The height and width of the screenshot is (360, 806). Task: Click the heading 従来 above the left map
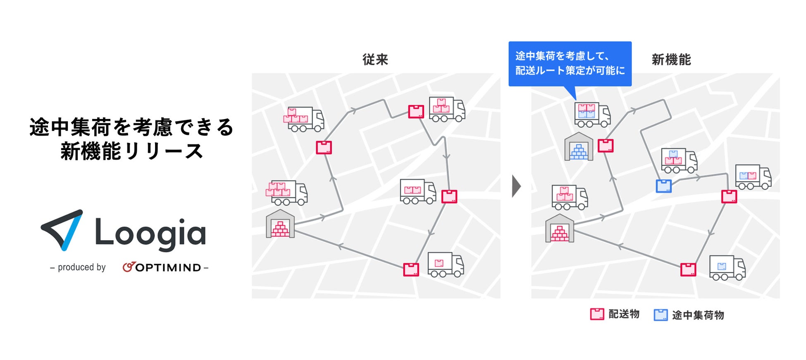click(x=375, y=60)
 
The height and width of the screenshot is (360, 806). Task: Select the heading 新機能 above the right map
click(x=671, y=60)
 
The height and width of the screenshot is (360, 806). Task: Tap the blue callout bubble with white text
click(x=570, y=64)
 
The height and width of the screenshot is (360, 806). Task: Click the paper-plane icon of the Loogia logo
click(x=63, y=229)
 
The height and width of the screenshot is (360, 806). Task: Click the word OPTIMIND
click(x=168, y=268)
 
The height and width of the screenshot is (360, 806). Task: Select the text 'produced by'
click(x=81, y=267)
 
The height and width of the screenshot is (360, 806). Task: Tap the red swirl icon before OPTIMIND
click(x=129, y=267)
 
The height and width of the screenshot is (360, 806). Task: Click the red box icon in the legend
click(x=597, y=314)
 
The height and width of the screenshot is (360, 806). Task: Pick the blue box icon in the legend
click(x=660, y=315)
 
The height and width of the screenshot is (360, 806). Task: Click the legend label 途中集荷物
click(x=698, y=315)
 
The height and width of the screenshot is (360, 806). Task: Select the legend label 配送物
click(x=624, y=314)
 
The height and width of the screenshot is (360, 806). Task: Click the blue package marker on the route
click(x=663, y=186)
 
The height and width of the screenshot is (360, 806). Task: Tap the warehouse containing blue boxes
click(x=579, y=147)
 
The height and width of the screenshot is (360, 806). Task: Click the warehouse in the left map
click(x=280, y=224)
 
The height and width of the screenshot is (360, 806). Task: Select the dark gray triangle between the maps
click(x=516, y=186)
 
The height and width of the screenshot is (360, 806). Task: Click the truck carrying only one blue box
click(x=727, y=267)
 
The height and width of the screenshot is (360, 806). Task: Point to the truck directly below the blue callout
click(x=592, y=114)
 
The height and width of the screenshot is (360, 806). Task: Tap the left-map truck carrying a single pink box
click(x=445, y=265)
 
